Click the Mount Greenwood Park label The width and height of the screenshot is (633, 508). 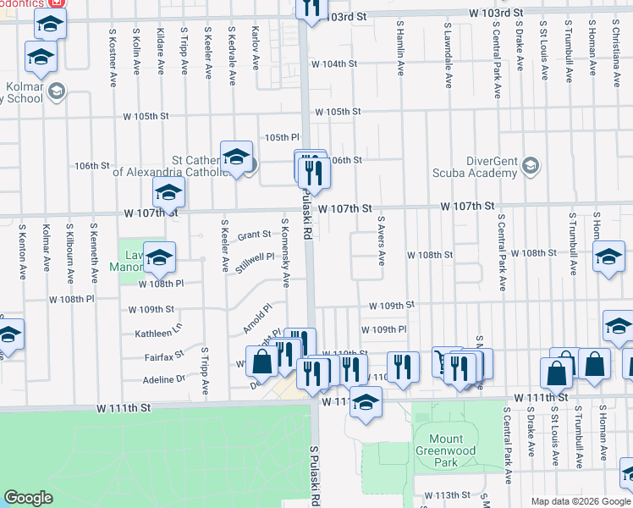(445, 450)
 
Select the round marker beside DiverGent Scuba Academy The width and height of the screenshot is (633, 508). (531, 164)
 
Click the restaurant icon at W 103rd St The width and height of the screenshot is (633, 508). (311, 7)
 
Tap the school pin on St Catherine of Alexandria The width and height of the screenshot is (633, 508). (236, 157)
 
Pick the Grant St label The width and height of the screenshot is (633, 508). (254, 235)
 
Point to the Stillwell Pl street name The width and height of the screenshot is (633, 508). (256, 257)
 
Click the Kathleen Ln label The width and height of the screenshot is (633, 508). (158, 334)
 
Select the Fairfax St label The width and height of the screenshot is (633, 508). (168, 355)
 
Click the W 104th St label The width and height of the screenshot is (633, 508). (334, 64)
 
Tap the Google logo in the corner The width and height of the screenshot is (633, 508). (29, 498)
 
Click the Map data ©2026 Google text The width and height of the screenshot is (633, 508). (580, 501)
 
